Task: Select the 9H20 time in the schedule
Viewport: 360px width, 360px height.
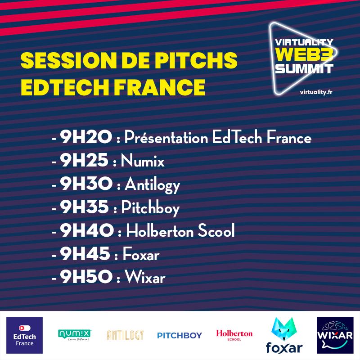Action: pyautogui.click(x=85, y=137)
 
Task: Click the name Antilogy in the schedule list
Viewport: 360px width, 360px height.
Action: pyautogui.click(x=152, y=184)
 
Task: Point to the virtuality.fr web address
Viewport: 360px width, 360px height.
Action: pyautogui.click(x=316, y=92)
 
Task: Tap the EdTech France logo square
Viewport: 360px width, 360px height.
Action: pyautogui.click(x=24, y=335)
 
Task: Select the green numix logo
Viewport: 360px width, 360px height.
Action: pyautogui.click(x=75, y=334)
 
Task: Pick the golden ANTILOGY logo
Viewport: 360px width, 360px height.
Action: pyautogui.click(x=125, y=335)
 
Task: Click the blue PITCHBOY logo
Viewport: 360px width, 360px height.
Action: pyautogui.click(x=180, y=335)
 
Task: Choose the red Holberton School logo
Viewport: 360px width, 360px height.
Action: pyautogui.click(x=234, y=335)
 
